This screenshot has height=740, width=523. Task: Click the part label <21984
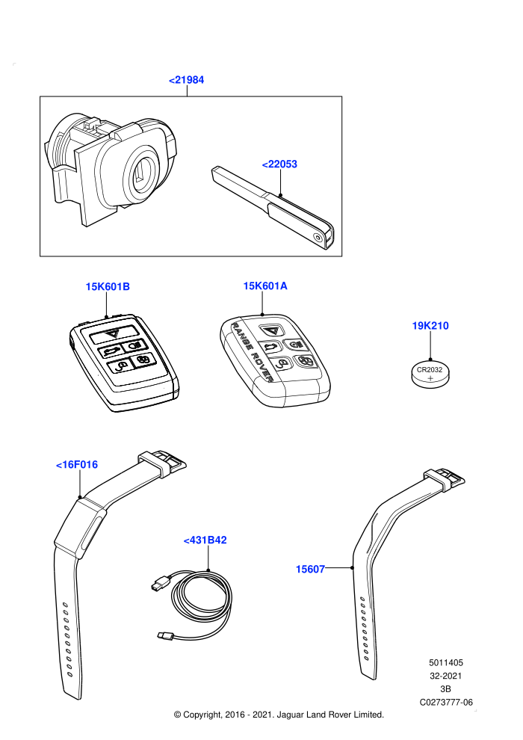186,80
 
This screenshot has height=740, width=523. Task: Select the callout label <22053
279,164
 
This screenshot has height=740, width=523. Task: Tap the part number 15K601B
108,286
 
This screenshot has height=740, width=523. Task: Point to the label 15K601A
265,286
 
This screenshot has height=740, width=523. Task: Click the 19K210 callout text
430,326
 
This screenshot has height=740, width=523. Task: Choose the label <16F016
77,464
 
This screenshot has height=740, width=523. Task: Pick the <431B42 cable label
205,540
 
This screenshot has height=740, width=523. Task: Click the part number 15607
310,569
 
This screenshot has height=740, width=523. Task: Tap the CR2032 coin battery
430,374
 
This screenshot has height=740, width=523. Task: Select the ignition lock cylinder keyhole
140,174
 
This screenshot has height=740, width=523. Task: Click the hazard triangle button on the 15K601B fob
113,333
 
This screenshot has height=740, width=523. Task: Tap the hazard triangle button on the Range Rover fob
272,330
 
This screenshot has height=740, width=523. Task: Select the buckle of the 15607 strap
445,479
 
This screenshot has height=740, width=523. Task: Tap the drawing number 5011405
445,662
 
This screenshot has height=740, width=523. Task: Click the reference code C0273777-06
446,702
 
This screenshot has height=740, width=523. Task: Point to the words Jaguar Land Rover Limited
330,715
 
